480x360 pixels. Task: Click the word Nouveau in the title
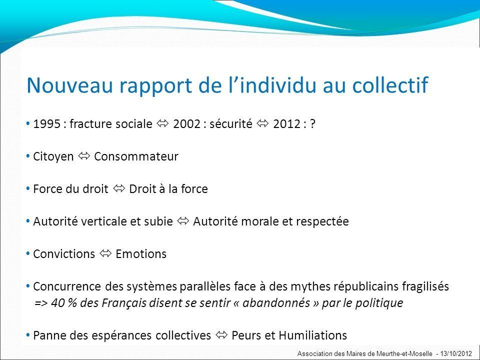[70, 85]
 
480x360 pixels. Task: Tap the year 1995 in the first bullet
[46, 124]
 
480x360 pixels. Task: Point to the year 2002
[186, 124]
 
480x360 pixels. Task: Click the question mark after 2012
[312, 124]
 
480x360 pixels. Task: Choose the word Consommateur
[136, 156]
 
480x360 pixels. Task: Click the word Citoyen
[53, 156]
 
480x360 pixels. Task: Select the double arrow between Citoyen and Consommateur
[84, 156]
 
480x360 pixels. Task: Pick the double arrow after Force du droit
[119, 188]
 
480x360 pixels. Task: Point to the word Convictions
[64, 254]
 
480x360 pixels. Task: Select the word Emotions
[141, 254]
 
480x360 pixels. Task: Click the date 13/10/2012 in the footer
[456, 353]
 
